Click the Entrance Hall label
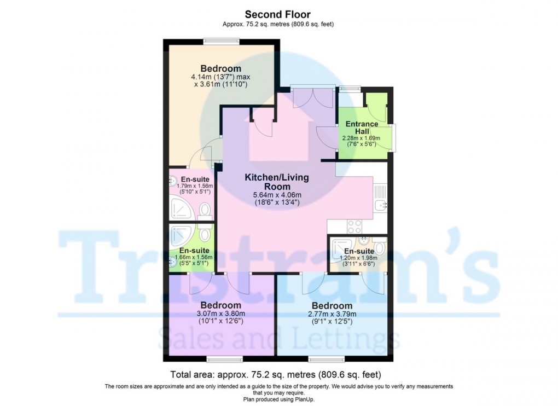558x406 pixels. click(362, 127)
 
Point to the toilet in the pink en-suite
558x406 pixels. click(205, 210)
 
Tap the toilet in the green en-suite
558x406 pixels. click(205, 234)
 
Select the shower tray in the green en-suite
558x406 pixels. click(181, 235)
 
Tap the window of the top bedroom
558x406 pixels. click(220, 40)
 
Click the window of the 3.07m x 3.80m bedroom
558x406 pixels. click(224, 359)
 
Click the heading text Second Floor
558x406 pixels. click(278, 14)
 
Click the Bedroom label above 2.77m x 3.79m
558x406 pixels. click(332, 305)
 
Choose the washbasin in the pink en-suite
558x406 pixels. click(173, 181)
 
